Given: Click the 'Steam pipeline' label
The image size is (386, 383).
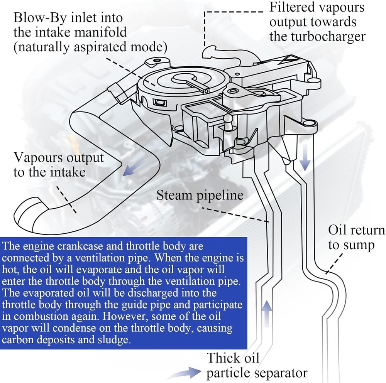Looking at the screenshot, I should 200,195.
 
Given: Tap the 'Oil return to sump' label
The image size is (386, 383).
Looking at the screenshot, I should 356,238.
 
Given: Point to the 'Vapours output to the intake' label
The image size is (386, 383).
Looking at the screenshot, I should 59,164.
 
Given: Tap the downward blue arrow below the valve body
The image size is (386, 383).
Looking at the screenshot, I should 305,161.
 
